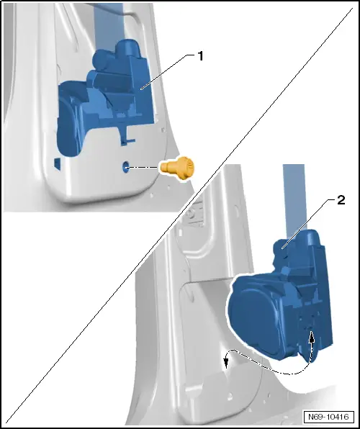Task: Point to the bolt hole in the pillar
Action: pyautogui.click(x=126, y=167)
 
